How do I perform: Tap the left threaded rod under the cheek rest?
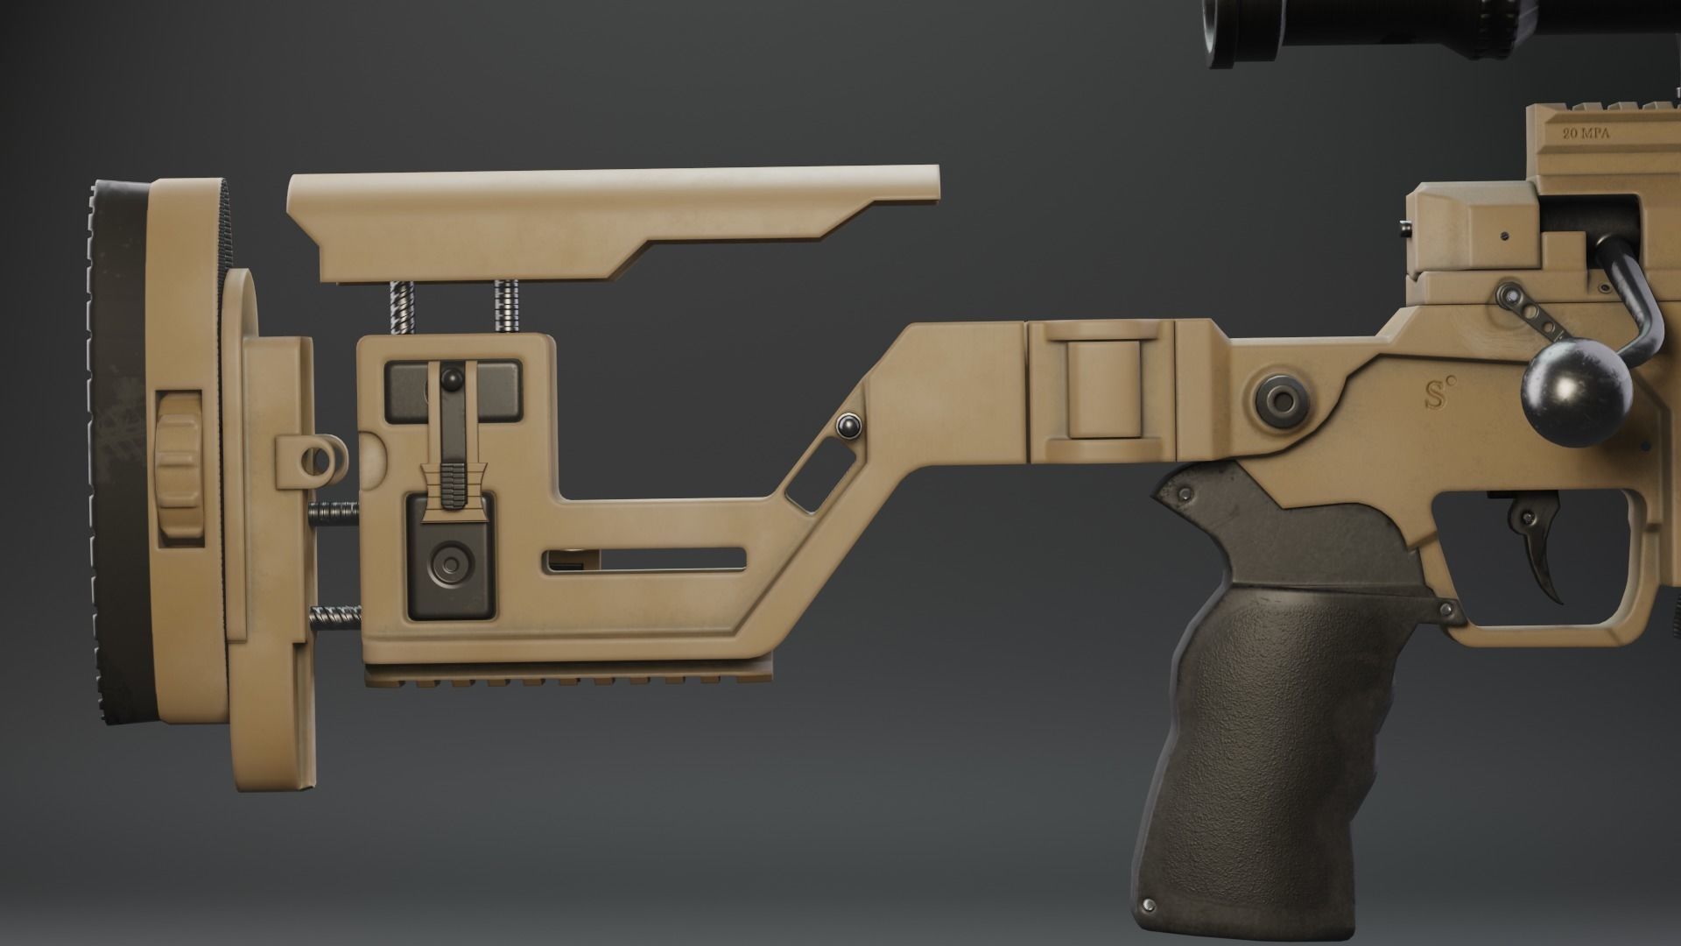(400, 307)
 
